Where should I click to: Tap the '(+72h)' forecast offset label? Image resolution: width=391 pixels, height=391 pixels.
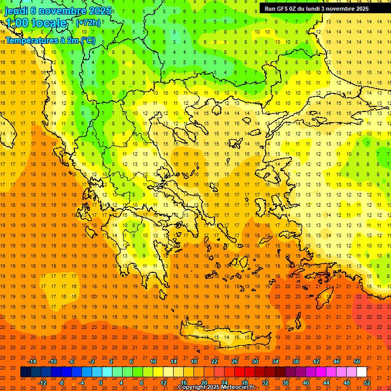point(88,23)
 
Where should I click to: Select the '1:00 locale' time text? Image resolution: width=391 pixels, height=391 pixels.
point(36,23)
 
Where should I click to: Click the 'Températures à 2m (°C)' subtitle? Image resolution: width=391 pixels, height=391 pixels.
point(50,40)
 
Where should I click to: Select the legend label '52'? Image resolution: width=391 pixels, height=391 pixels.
point(367,383)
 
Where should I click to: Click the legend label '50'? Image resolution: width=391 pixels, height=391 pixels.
point(356,361)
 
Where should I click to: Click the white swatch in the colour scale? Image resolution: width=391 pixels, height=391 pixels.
point(361,372)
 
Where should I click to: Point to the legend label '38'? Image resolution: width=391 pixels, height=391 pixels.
point(295,361)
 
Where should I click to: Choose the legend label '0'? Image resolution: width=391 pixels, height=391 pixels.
point(101,383)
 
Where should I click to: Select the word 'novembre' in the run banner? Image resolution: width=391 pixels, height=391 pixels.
point(342,9)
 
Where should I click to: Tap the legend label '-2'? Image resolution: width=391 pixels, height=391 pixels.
point(92,361)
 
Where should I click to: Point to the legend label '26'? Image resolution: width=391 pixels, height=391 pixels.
point(235,361)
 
